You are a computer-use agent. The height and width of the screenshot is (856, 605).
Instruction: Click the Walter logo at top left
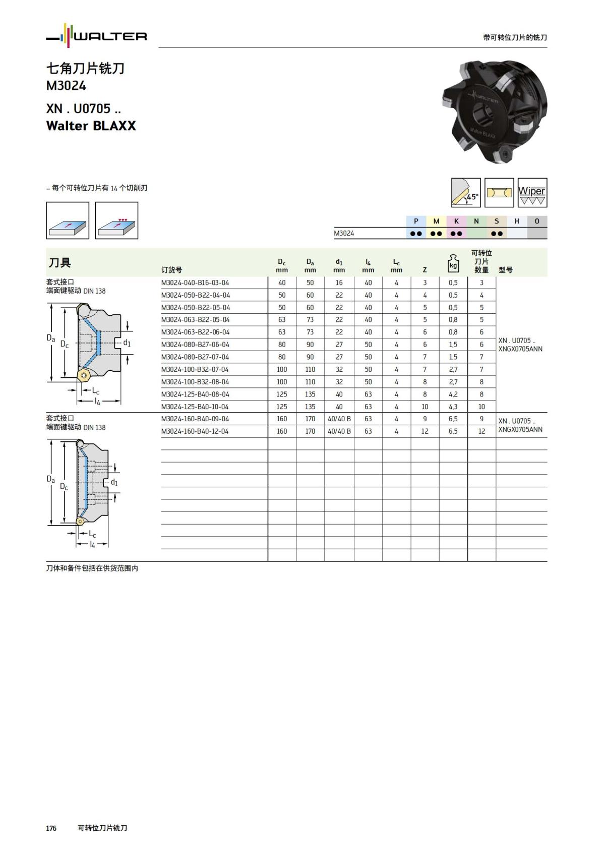96,36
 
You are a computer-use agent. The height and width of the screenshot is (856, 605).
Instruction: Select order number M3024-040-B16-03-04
195,283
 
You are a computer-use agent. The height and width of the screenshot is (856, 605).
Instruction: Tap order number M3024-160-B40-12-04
195,431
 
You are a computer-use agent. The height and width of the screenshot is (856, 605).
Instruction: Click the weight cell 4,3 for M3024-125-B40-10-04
453,407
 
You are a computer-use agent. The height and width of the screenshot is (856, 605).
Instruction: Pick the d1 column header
339,265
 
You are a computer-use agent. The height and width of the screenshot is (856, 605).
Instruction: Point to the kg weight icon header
453,263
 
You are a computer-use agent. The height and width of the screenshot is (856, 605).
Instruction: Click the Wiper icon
532,193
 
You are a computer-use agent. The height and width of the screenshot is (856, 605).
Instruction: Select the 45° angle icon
466,193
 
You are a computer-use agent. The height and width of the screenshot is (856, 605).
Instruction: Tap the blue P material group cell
416,221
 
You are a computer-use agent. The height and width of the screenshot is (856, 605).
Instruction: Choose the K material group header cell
456,221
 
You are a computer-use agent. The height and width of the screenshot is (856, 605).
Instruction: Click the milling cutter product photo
495,111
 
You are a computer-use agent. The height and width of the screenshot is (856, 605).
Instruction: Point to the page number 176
51,828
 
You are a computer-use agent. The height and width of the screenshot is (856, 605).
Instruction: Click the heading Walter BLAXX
91,126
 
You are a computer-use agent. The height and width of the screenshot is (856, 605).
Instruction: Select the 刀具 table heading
59,263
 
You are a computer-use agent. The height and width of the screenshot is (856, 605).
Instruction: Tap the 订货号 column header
171,270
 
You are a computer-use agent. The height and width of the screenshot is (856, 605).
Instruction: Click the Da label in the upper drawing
51,338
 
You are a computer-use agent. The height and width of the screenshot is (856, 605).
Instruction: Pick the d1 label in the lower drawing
114,483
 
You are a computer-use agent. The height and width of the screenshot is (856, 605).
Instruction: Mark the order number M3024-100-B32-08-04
195,382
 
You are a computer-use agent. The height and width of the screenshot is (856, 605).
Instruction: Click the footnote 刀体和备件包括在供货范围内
92,568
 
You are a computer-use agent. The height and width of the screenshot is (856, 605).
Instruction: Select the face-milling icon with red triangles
116,221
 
